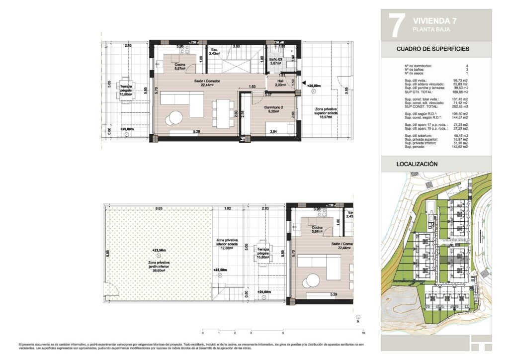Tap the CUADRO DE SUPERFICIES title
pos(432,49)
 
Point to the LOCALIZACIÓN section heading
pos(417,164)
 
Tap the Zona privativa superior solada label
pos(326,113)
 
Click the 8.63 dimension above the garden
pos(159,208)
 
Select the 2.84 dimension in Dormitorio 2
pos(273,132)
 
